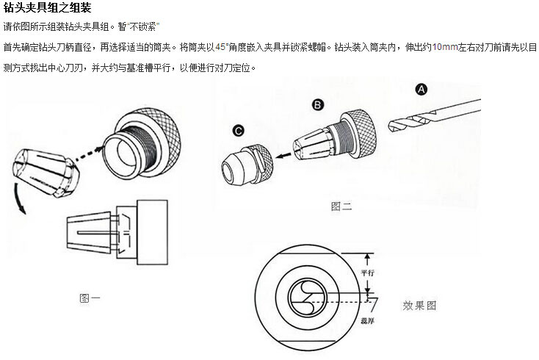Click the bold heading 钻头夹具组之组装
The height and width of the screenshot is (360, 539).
(x=48, y=7)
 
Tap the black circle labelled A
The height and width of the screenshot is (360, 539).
(x=422, y=90)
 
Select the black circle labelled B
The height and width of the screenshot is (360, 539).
(x=318, y=104)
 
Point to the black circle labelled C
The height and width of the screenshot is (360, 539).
(x=238, y=131)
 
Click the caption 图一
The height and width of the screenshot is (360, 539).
(x=90, y=298)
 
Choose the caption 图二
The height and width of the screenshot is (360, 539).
(x=341, y=206)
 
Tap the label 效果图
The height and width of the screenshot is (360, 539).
(x=419, y=306)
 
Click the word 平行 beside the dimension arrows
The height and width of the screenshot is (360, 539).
(x=367, y=273)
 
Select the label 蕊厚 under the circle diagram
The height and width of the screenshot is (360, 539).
(x=367, y=321)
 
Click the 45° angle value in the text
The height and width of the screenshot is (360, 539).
(x=221, y=47)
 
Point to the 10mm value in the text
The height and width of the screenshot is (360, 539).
(x=445, y=47)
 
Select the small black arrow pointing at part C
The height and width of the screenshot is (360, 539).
(x=284, y=156)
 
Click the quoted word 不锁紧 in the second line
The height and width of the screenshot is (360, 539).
(x=142, y=26)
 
